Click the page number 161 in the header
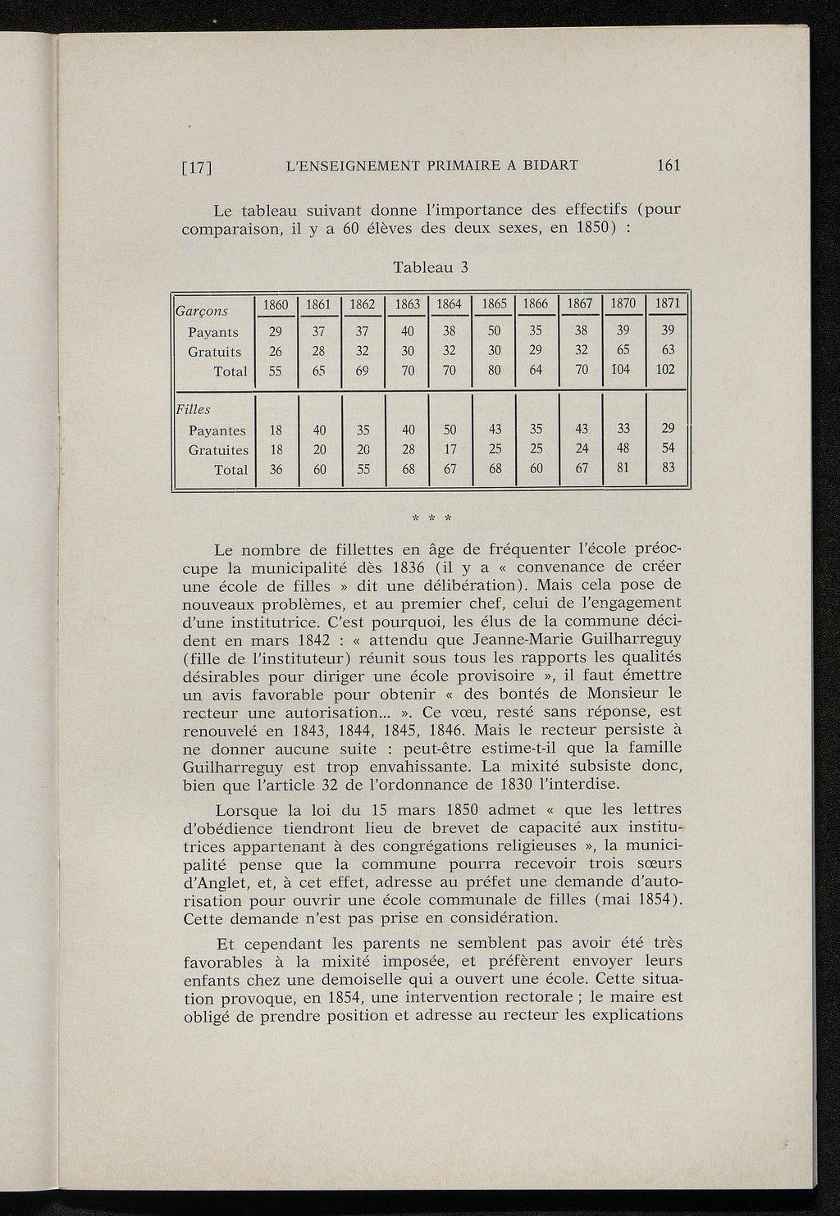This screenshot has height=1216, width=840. tap(669, 165)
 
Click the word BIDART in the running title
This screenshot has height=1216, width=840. tap(549, 165)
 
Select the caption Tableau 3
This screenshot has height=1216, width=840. tap(431, 267)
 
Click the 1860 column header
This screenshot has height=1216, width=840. tap(276, 303)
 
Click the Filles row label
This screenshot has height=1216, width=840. tap(193, 409)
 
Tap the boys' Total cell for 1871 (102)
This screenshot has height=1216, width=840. tap(666, 369)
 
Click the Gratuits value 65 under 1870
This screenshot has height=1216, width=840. tap(623, 350)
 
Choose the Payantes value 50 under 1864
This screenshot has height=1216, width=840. tap(450, 430)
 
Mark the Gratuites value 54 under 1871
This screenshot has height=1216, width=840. tap(666, 449)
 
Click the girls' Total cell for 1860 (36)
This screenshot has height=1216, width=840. tap(276, 469)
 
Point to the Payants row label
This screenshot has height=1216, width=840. tap(213, 332)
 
